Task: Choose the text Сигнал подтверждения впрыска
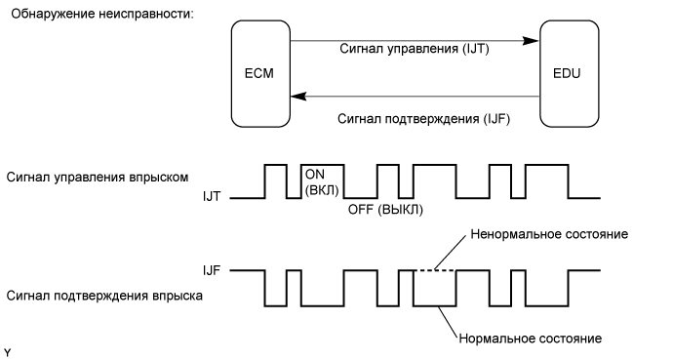pos(104,295)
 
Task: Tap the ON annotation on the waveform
pos(315,173)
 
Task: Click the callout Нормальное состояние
pos(528,339)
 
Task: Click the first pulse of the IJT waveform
pos(276,180)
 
